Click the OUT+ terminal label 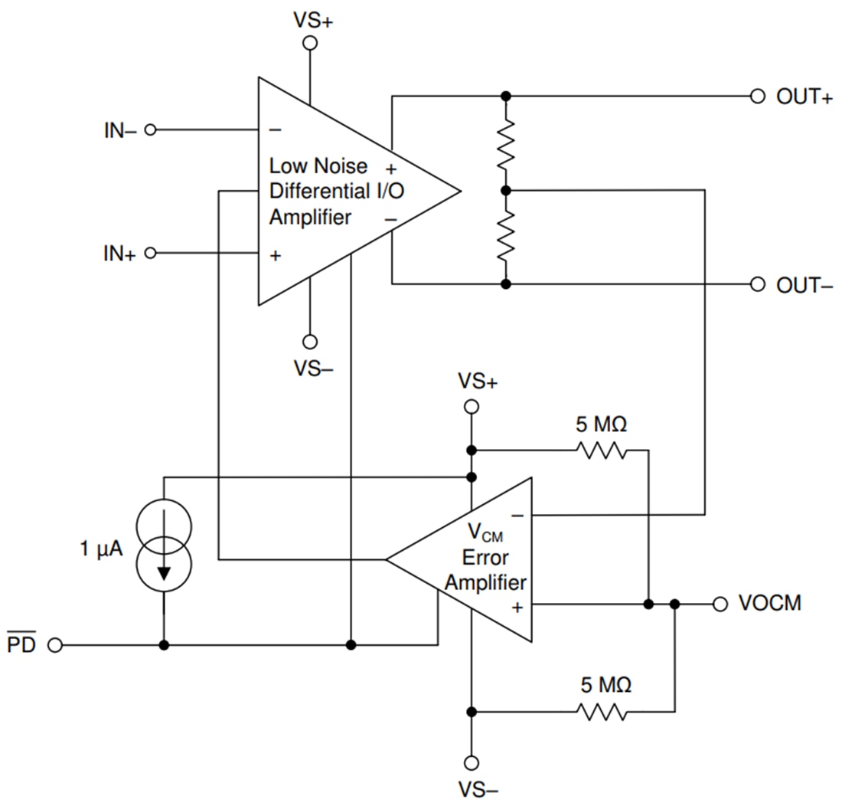(x=804, y=97)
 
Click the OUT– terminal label (x=804, y=286)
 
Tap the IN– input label (x=120, y=130)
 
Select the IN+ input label (x=120, y=254)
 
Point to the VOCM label (x=769, y=604)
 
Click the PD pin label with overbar (x=21, y=645)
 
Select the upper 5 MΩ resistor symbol (x=602, y=451)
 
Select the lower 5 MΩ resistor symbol (x=602, y=713)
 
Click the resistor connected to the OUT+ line (x=505, y=144)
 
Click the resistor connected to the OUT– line (x=505, y=237)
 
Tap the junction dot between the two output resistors (x=505, y=190)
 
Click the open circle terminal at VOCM (x=720, y=604)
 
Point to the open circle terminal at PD (x=54, y=646)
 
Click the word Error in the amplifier (x=485, y=558)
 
